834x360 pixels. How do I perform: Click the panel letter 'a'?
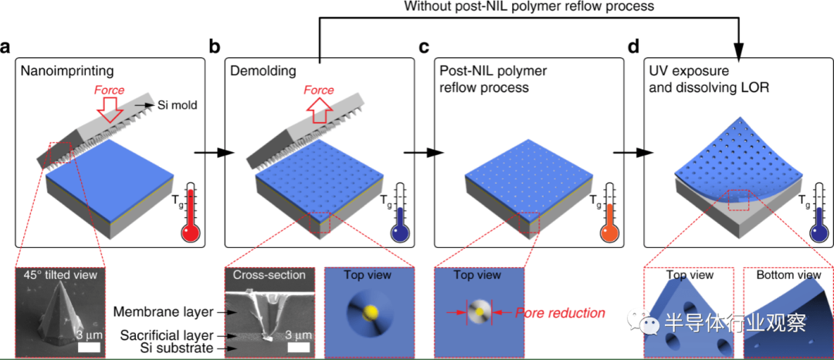point(5,47)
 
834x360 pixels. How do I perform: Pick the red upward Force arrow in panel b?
point(318,111)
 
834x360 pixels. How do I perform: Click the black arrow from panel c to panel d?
point(633,153)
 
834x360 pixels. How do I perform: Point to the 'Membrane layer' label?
point(147,311)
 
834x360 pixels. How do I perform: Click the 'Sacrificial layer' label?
point(151,335)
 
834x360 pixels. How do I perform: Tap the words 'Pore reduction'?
point(560,313)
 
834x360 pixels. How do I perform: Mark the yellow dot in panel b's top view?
point(369,311)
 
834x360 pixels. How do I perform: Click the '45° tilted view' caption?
point(60,276)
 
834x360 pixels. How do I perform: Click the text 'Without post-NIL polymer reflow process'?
point(529,7)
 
